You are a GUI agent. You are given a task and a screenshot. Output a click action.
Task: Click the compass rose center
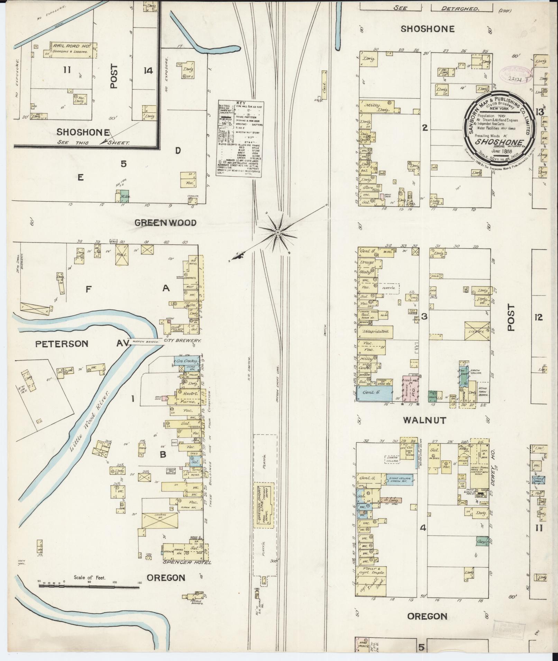277,233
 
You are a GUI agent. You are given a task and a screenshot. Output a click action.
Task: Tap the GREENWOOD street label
165,223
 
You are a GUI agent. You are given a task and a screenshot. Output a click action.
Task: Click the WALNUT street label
424,420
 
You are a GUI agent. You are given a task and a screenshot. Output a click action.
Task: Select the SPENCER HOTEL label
187,562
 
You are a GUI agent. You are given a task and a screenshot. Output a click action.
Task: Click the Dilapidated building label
376,331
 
